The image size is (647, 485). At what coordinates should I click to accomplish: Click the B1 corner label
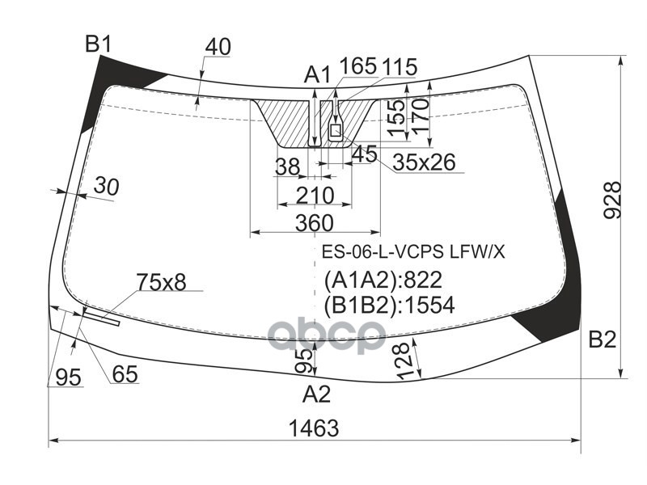coord(98,44)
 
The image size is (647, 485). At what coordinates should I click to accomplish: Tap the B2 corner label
coord(602,339)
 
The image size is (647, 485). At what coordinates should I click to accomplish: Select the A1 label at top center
coord(317,76)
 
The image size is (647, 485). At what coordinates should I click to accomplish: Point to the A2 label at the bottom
coord(316,395)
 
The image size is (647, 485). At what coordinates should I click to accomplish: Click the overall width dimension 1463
coord(313,428)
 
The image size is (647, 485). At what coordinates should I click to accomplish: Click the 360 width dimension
coord(314,221)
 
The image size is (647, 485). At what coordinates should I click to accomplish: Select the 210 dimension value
coord(314,195)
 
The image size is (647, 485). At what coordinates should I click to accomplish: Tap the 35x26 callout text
coord(424,163)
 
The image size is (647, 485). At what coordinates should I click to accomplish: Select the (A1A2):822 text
coord(383,280)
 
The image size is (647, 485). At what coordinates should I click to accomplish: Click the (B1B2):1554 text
coord(389,305)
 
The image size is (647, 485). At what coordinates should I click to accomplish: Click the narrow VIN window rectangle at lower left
coord(102,317)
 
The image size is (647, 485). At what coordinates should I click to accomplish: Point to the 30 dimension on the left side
coord(105,187)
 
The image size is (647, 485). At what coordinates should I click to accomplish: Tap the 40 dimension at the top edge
coord(217,47)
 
